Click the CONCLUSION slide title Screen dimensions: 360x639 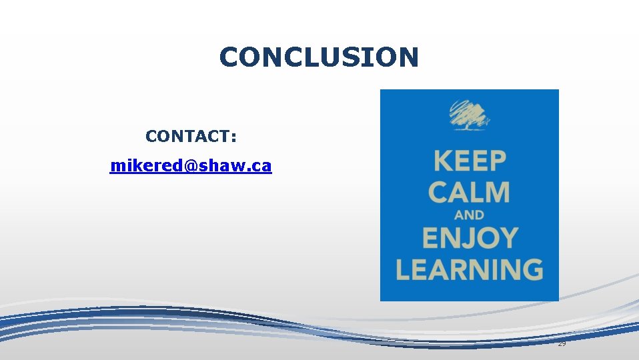click(x=319, y=57)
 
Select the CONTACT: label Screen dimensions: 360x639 click(x=191, y=137)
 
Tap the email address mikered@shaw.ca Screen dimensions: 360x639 click(x=191, y=165)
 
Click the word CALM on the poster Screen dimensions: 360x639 click(x=469, y=192)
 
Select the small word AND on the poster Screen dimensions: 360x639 click(x=469, y=215)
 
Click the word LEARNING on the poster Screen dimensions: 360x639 click(x=469, y=269)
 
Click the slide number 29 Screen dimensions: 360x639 click(x=562, y=343)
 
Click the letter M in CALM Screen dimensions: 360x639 click(x=497, y=192)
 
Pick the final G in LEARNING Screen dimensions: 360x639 click(x=531, y=269)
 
